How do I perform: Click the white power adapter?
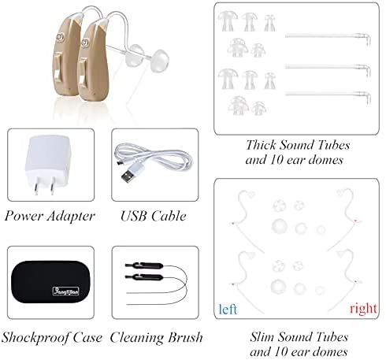pos(49,164)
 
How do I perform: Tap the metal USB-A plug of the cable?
pos(127,177)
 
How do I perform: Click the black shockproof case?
pos(50,282)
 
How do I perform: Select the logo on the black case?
pos(65,291)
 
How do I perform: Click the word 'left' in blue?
pos(228,309)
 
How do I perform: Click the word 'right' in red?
pos(363,308)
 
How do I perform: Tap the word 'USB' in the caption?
pos(134,216)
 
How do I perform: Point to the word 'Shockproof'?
pos(36,338)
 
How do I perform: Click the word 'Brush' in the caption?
pos(185,337)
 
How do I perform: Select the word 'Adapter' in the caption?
pos(71,217)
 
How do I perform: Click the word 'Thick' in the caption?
pos(261,145)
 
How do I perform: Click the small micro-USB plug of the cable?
pos(120,163)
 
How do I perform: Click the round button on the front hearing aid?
pos(85,42)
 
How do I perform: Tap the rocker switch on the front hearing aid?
pos(84,72)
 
